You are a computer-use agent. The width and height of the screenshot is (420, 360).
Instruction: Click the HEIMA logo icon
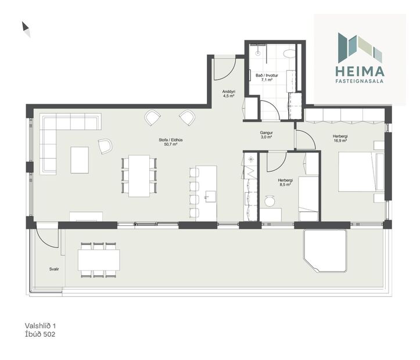(360, 48)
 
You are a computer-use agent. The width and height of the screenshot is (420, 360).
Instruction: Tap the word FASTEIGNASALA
(360, 82)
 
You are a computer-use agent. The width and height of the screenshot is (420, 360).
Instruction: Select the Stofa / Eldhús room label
(168, 142)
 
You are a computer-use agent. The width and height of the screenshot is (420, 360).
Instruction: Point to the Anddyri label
(228, 94)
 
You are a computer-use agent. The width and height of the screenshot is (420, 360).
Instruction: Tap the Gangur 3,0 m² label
(267, 135)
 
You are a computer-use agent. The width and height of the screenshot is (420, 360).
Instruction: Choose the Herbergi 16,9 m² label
(340, 139)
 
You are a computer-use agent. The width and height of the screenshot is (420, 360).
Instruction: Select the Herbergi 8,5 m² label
(285, 182)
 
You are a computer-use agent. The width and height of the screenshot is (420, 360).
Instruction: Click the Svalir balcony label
(53, 269)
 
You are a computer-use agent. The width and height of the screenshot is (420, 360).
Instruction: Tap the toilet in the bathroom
(289, 54)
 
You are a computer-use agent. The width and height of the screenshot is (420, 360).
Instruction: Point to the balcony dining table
(99, 260)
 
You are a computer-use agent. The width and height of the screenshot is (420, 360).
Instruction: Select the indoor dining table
(139, 175)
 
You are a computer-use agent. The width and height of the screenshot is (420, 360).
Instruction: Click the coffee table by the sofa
(80, 160)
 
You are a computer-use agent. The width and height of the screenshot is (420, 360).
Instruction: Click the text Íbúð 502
(40, 334)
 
